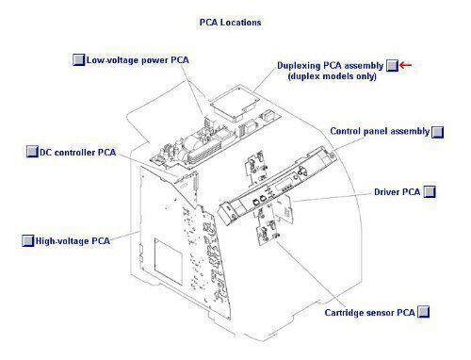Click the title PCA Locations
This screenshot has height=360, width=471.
pos(230,23)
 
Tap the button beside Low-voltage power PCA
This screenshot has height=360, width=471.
pos(78,59)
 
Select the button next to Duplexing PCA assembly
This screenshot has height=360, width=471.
pos(392,66)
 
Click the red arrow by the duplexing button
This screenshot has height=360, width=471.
pos(405,65)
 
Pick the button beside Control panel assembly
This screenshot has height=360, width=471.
pos(437,132)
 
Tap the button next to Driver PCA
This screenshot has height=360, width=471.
pos(430,191)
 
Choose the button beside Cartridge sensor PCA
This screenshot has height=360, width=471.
pos(423,312)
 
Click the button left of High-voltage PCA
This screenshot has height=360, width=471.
pos(27,241)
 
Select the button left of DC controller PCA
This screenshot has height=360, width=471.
pos(32,152)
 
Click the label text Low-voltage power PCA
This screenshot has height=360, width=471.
pos(138,60)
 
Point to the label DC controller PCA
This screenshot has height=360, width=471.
pos(78,153)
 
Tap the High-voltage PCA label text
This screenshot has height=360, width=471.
pos(73,241)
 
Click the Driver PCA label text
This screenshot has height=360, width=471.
pos(397,192)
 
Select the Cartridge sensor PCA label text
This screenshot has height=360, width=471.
pos(369,313)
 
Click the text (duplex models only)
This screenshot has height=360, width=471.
pos(332,76)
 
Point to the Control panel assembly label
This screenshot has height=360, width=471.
pos(380,131)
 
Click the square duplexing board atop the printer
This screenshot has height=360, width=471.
pos(235,104)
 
